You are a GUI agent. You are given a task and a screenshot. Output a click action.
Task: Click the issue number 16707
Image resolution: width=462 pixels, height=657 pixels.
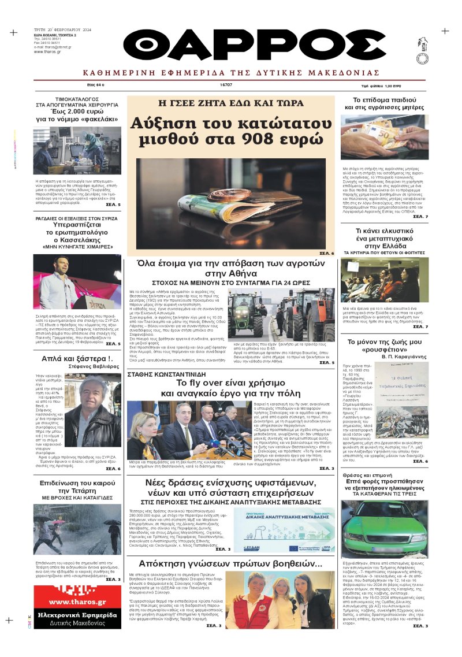click(226, 85)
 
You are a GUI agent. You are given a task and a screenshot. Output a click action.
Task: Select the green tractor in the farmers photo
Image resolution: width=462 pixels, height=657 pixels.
click(244, 317)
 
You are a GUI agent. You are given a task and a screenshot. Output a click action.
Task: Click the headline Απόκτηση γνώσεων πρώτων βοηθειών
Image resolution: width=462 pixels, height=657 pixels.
click(230, 563)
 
